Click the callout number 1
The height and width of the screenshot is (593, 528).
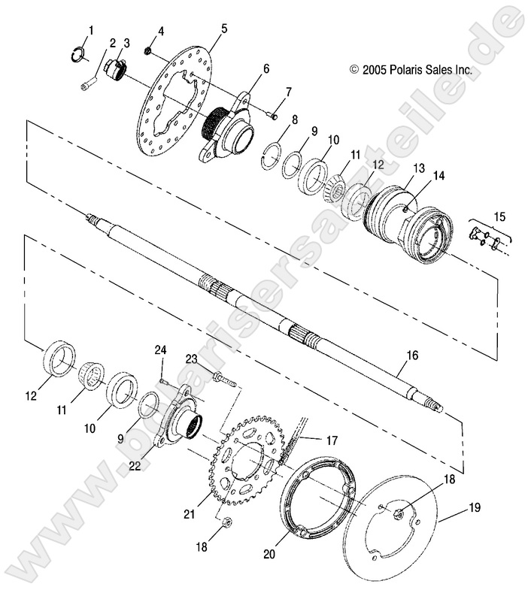tap(90, 30)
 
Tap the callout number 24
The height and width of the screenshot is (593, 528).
tap(159, 350)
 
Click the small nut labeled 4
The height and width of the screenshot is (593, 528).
tap(149, 50)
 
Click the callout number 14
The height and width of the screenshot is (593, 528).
tap(438, 175)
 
